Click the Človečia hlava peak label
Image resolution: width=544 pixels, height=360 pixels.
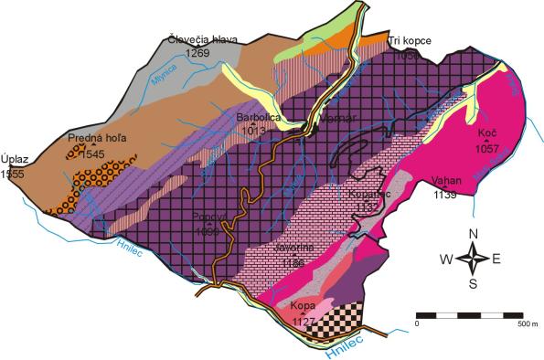tap(202, 40)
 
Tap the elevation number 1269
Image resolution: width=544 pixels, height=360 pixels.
tap(197, 53)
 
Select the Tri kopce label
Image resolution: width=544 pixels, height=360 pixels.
tap(408, 41)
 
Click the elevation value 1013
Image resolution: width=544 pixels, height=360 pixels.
tap(254, 131)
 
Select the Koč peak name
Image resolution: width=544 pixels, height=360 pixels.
tap(486, 133)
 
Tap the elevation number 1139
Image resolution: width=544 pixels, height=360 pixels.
tap(445, 194)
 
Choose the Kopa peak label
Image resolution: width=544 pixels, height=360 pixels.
tap(302, 308)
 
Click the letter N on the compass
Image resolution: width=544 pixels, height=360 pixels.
tap(474, 235)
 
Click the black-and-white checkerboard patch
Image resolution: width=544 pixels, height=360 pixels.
tap(337, 320)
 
